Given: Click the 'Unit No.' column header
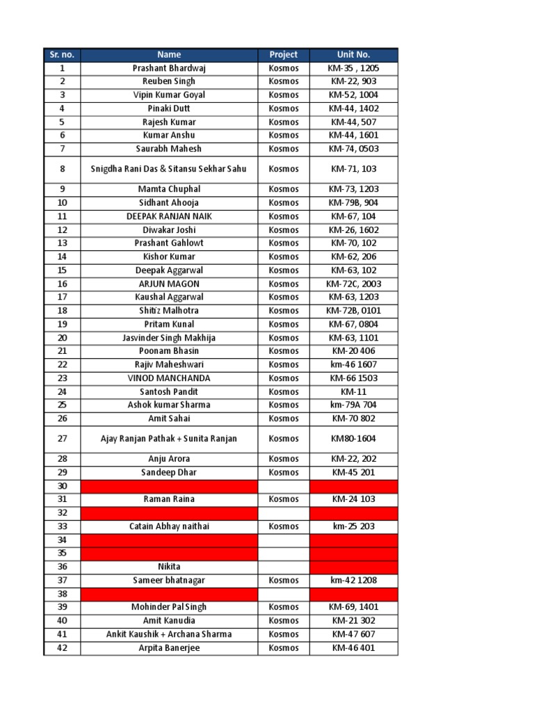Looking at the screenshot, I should tap(354, 54).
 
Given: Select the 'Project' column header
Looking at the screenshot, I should tap(283, 54).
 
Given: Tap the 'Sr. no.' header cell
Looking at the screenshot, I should tap(62, 54).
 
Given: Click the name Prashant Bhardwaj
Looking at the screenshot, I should tap(169, 68).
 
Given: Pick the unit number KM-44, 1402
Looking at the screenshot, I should tap(354, 108).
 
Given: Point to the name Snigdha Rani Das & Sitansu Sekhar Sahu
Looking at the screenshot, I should tap(169, 169).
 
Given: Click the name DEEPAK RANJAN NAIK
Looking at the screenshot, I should tap(169, 216).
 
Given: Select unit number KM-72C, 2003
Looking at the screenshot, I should tap(354, 284).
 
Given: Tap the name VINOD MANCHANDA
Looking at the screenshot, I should tap(169, 378).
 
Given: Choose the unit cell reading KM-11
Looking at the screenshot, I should tap(354, 391).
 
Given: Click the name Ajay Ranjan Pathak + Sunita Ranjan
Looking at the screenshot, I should tap(169, 439).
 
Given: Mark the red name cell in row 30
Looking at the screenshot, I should tap(169, 486).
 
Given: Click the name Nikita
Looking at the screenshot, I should tap(169, 567).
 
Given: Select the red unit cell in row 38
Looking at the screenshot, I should tap(354, 594).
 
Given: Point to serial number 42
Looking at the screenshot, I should tap(62, 648).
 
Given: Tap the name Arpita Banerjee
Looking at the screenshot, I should tap(169, 648).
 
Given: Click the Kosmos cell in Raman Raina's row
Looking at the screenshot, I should tap(283, 499).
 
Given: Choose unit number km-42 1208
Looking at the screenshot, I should tap(354, 580).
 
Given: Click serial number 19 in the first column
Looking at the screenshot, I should tap(62, 324).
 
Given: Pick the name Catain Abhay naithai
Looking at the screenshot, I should tap(169, 526).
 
